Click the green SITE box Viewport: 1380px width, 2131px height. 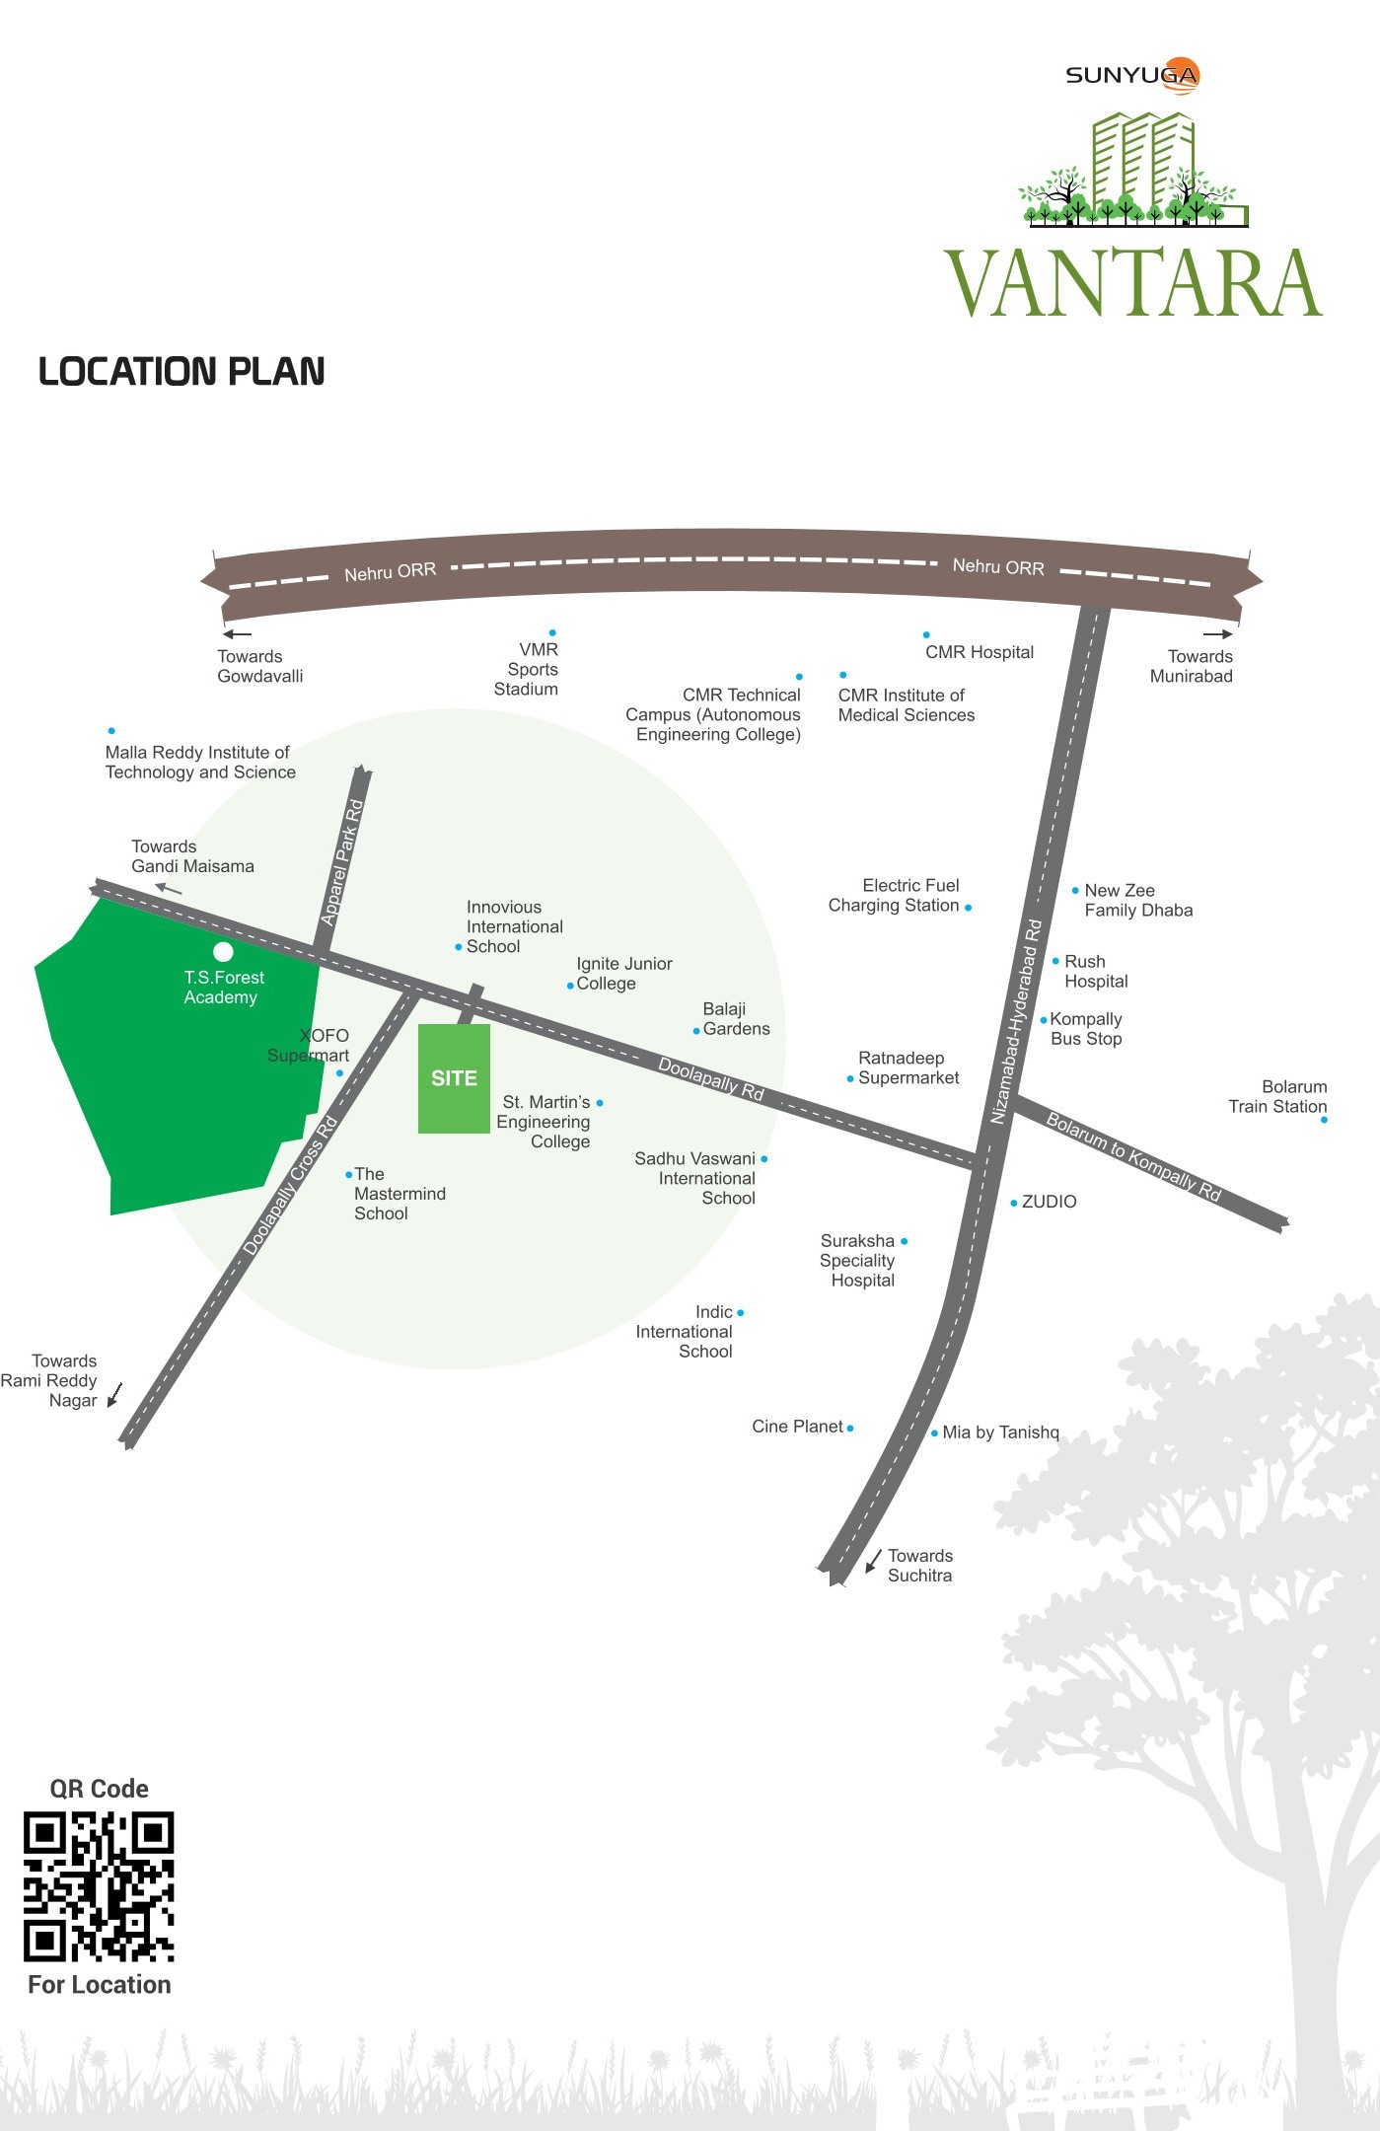(454, 1078)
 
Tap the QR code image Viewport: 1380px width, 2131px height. (99, 1886)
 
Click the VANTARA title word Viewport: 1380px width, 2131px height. (1133, 284)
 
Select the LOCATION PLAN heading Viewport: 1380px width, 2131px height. (182, 372)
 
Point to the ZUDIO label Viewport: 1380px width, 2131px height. (1049, 1202)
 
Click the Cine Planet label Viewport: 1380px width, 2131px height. (797, 1427)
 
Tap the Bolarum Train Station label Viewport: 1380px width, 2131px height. (1277, 1097)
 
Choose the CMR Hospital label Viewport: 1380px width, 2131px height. (980, 652)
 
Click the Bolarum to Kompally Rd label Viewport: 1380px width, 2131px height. (1133, 1156)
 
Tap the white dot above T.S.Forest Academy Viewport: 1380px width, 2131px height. (224, 952)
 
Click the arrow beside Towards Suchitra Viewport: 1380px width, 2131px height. (873, 1561)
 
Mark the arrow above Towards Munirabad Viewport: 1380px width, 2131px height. (1218, 634)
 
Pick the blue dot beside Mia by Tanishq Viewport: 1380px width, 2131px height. (934, 1433)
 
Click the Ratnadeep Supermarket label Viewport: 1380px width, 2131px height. (908, 1068)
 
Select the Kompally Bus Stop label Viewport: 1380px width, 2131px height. (1086, 1029)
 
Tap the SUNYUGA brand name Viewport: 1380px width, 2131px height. (1131, 75)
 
